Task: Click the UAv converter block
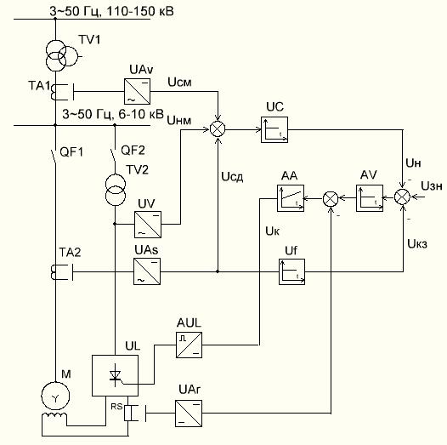pyautogui.click(x=137, y=91)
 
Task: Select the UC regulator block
pyautogui.click(x=274, y=129)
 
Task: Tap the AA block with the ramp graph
pyautogui.click(x=291, y=198)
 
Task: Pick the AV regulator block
pyautogui.click(x=370, y=198)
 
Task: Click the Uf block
pyautogui.click(x=291, y=271)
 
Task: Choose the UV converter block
pyautogui.click(x=148, y=225)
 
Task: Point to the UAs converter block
pyautogui.click(x=147, y=271)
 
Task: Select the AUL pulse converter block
pyautogui.click(x=189, y=345)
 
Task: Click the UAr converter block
pyautogui.click(x=189, y=414)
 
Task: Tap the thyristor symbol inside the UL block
pyautogui.click(x=116, y=376)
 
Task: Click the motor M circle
pyautogui.click(x=55, y=396)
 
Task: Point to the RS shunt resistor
pyautogui.click(x=128, y=413)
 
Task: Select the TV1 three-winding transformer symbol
pyautogui.click(x=61, y=55)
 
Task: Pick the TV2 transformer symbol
pyautogui.click(x=116, y=190)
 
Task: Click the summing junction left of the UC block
pyautogui.click(x=218, y=129)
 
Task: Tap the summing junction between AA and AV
pyautogui.click(x=331, y=198)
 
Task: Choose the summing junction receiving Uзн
pyautogui.click(x=402, y=197)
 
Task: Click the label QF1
pyautogui.click(x=71, y=152)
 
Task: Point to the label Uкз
pyautogui.click(x=417, y=244)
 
